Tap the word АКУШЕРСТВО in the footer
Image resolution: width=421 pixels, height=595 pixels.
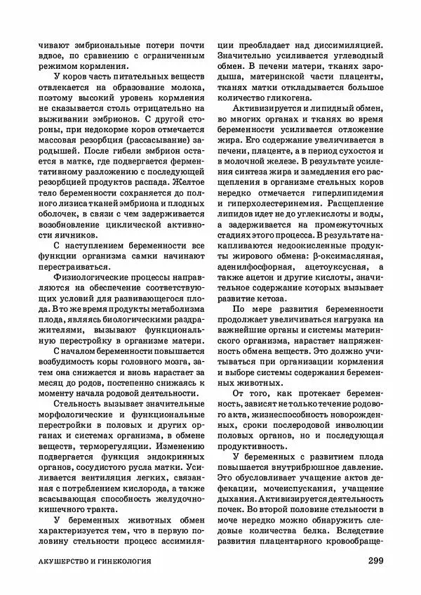click(68, 563)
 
